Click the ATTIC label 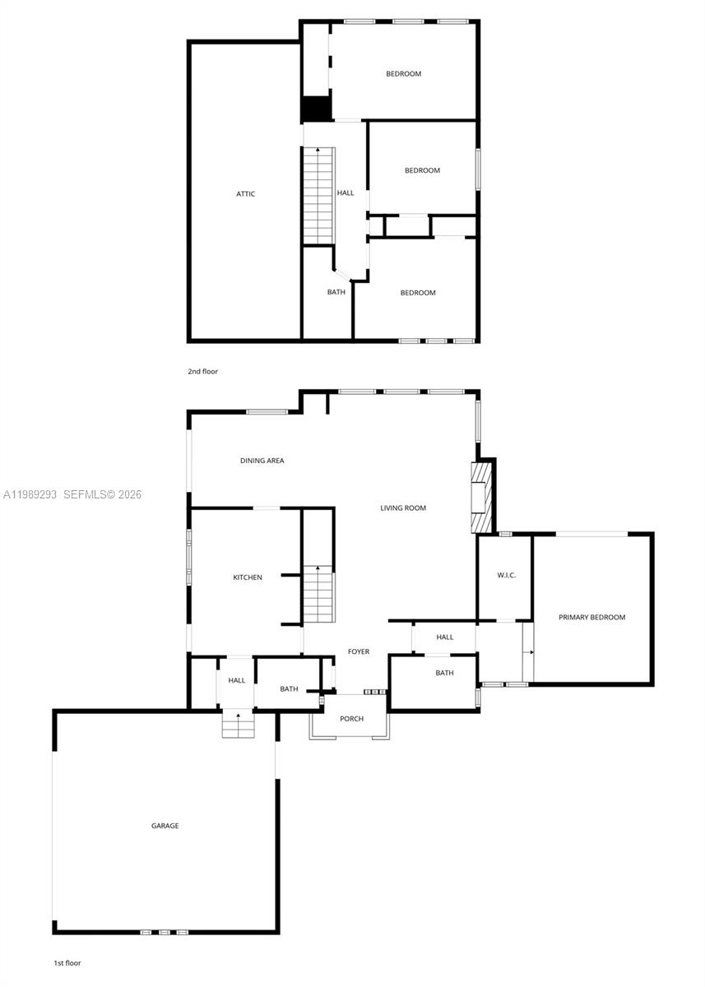pos(245,194)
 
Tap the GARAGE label pos(165,826)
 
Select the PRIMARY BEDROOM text pos(591,618)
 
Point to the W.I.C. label pos(506,575)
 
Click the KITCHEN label pos(248,577)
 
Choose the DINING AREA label pos(262,461)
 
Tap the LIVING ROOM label pos(403,508)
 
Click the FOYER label pos(359,651)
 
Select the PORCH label pos(351,719)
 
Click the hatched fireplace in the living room pos(480,498)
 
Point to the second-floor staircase pos(318,195)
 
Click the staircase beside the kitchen pos(318,595)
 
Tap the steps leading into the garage pos(238,725)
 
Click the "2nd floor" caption pos(202,372)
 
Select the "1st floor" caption pos(67,962)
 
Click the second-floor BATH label pos(336,292)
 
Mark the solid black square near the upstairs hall pos(316,109)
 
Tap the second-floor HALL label pos(346,193)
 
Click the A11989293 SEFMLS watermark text pos(72,494)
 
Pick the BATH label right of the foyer pos(444,673)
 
